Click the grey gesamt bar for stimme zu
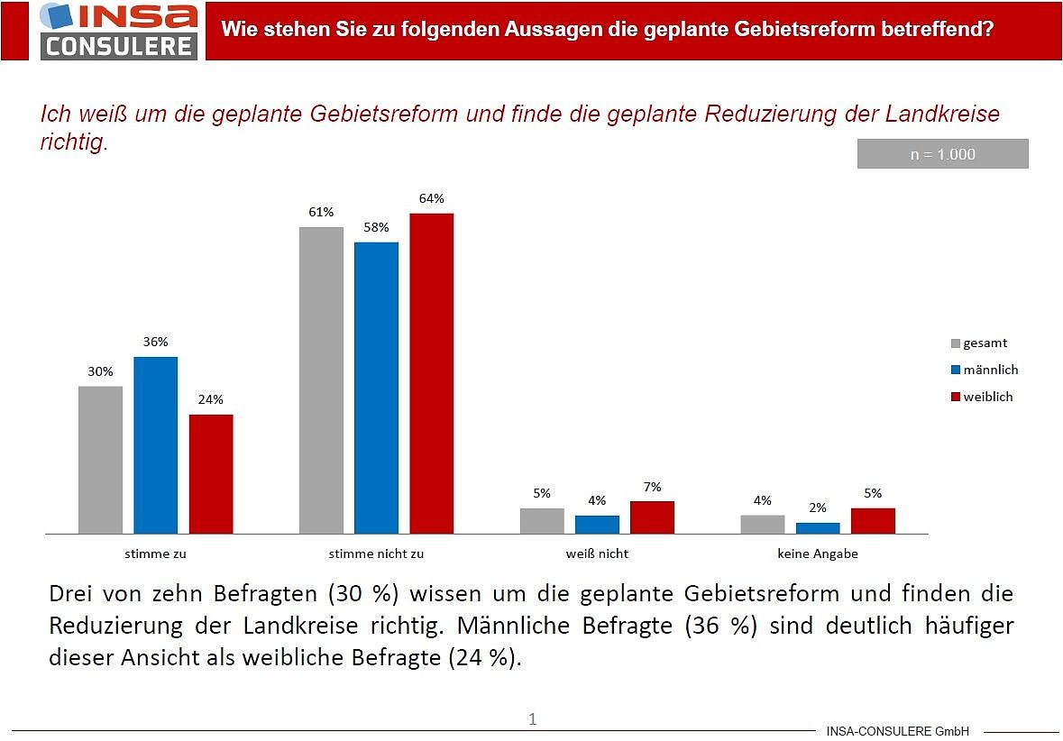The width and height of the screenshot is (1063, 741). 100,460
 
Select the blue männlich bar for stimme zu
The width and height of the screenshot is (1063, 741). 156,445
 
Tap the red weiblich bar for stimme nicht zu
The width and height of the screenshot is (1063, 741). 432,373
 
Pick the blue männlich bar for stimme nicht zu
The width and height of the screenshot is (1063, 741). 376,388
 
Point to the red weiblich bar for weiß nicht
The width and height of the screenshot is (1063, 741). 652,517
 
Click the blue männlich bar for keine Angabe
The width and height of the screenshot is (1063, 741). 818,528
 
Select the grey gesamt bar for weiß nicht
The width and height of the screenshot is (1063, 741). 542,521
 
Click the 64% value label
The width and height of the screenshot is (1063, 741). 432,198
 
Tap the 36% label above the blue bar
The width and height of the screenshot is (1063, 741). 155,342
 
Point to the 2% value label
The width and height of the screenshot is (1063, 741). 818,508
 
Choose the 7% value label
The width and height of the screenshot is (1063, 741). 652,487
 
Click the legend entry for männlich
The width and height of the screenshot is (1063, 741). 985,370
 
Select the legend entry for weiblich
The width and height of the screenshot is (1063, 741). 982,397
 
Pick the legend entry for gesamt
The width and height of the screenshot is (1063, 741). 979,343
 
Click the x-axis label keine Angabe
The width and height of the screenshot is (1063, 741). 818,553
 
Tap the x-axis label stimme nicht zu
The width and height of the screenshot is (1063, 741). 376,553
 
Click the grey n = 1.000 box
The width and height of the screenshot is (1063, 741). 942,154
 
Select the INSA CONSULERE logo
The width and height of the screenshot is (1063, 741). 119,31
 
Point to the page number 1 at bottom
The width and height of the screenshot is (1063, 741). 532,718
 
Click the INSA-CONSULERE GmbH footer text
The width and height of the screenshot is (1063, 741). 897,731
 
